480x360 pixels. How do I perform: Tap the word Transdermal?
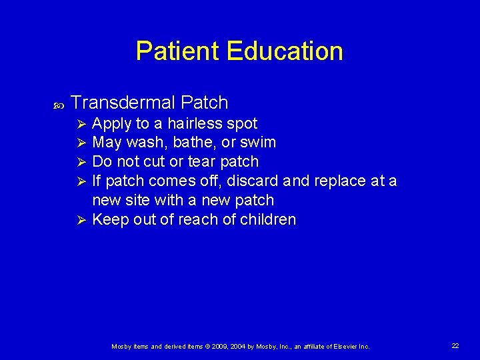pyautogui.click(x=123, y=103)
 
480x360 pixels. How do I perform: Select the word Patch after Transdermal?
pyautogui.click(x=204, y=103)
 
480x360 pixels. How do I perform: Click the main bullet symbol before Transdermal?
pyautogui.click(x=57, y=104)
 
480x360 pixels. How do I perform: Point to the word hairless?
pyautogui.click(x=194, y=123)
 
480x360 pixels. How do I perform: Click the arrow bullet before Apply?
pyautogui.click(x=81, y=124)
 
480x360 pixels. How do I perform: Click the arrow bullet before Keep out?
pyautogui.click(x=81, y=220)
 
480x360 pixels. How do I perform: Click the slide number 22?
pyautogui.click(x=455, y=346)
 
